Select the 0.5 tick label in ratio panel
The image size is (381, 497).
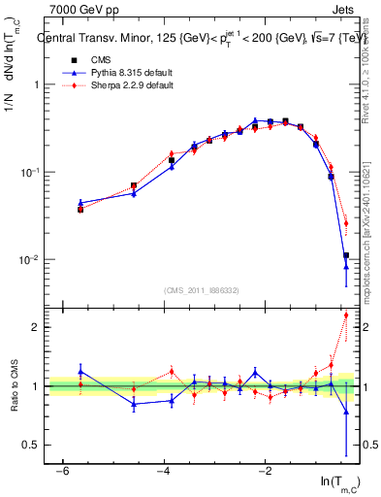(x=28, y=445)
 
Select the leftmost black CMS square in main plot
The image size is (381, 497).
(x=80, y=209)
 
